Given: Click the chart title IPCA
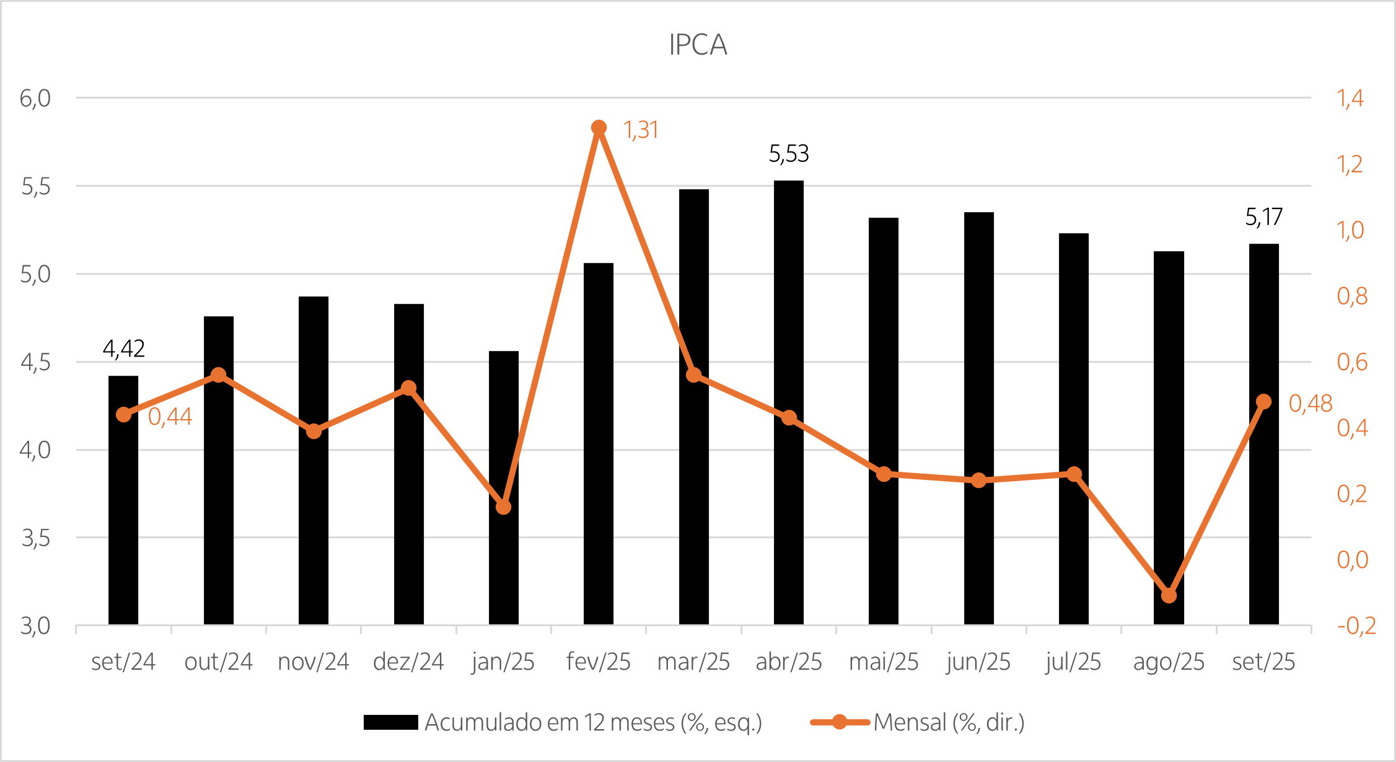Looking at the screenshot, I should [698, 45].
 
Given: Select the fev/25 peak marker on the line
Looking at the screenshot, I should [599, 127].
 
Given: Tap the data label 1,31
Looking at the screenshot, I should [641, 130].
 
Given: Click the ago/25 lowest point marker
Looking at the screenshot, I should [1169, 595].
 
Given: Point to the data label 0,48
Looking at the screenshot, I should [1310, 404].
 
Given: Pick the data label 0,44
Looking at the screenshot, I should [170, 417].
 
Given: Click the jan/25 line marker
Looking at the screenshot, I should [504, 507].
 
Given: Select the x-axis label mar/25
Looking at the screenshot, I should [693, 662].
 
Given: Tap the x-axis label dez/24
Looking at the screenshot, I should [408, 662].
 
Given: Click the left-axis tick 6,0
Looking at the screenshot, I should [35, 98].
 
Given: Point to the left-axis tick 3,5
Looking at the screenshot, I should [35, 538].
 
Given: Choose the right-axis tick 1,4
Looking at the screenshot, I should [1350, 98].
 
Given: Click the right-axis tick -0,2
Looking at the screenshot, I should [1356, 626].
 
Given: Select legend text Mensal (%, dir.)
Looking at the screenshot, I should [949, 722].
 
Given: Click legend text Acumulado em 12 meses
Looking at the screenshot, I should [593, 722].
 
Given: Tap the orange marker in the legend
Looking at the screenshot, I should [840, 722].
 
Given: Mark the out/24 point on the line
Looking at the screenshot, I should [218, 374].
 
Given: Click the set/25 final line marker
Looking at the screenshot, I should [1264, 402].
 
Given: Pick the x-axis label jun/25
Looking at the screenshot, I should [978, 662].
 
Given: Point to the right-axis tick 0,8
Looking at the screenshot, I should [1352, 296].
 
